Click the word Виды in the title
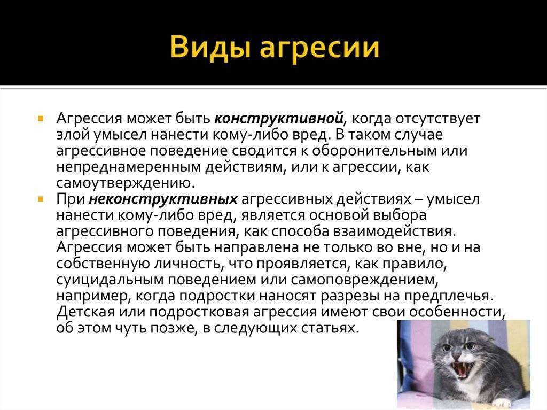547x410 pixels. (x=210, y=47)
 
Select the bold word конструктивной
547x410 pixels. (x=279, y=118)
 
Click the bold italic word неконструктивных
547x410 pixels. (x=163, y=199)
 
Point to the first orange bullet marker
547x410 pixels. (x=41, y=118)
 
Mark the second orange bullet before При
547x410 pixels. (x=41, y=199)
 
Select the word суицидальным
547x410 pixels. (x=109, y=280)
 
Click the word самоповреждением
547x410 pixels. (x=363, y=280)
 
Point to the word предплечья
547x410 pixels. (x=449, y=296)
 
